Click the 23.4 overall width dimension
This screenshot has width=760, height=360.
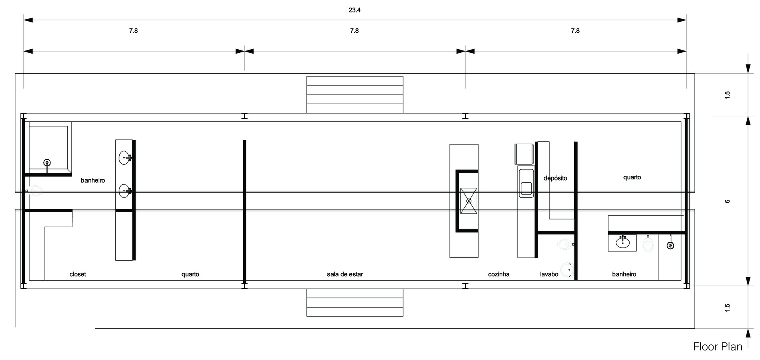click(354, 10)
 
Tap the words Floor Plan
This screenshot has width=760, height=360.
click(718, 347)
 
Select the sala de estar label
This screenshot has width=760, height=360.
click(345, 274)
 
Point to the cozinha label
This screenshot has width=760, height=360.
click(498, 274)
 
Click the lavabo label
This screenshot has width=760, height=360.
click(549, 274)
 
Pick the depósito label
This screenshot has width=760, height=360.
click(555, 178)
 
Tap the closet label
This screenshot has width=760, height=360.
click(78, 274)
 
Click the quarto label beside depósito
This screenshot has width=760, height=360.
click(632, 177)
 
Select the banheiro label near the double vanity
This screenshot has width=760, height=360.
click(93, 181)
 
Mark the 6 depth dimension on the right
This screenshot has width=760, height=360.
click(728, 201)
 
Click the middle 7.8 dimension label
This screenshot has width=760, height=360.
click(354, 31)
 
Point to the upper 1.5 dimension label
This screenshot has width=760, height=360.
click(728, 95)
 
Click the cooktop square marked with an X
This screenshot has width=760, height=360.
click(469, 201)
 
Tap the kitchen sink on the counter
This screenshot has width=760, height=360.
click(526, 183)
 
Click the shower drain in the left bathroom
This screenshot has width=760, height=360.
click(47, 163)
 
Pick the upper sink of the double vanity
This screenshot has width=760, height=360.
click(125, 158)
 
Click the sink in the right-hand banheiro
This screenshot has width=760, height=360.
click(622, 242)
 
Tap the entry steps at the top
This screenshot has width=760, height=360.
click(355, 95)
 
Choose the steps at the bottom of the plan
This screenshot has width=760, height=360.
click(355, 302)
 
